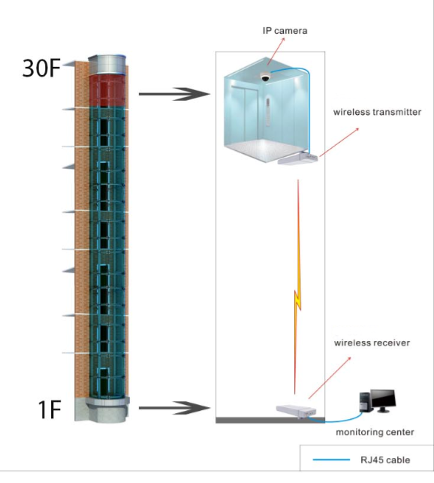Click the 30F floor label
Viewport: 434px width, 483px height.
point(41,68)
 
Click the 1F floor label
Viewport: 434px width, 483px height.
point(50,409)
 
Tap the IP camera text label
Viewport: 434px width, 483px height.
point(285,31)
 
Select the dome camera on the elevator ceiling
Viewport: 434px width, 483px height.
point(264,77)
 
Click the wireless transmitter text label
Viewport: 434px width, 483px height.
point(377,112)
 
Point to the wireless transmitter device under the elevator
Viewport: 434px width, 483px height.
point(298,158)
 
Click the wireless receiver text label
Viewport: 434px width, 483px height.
point(372,343)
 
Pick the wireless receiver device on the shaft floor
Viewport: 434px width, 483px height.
point(297,412)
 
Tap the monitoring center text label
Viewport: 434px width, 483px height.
point(375,432)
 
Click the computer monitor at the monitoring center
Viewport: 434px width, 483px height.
point(383,400)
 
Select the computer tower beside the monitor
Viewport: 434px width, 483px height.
point(365,402)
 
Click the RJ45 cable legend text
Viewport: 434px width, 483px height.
point(385,460)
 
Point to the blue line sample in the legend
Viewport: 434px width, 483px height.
point(331,460)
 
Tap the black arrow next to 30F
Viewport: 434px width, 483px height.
point(174,94)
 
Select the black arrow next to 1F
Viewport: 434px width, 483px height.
point(174,408)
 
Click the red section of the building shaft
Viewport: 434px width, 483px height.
point(107,91)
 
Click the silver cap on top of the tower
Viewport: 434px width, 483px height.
point(107,65)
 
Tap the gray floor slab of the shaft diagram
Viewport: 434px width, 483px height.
point(270,420)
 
